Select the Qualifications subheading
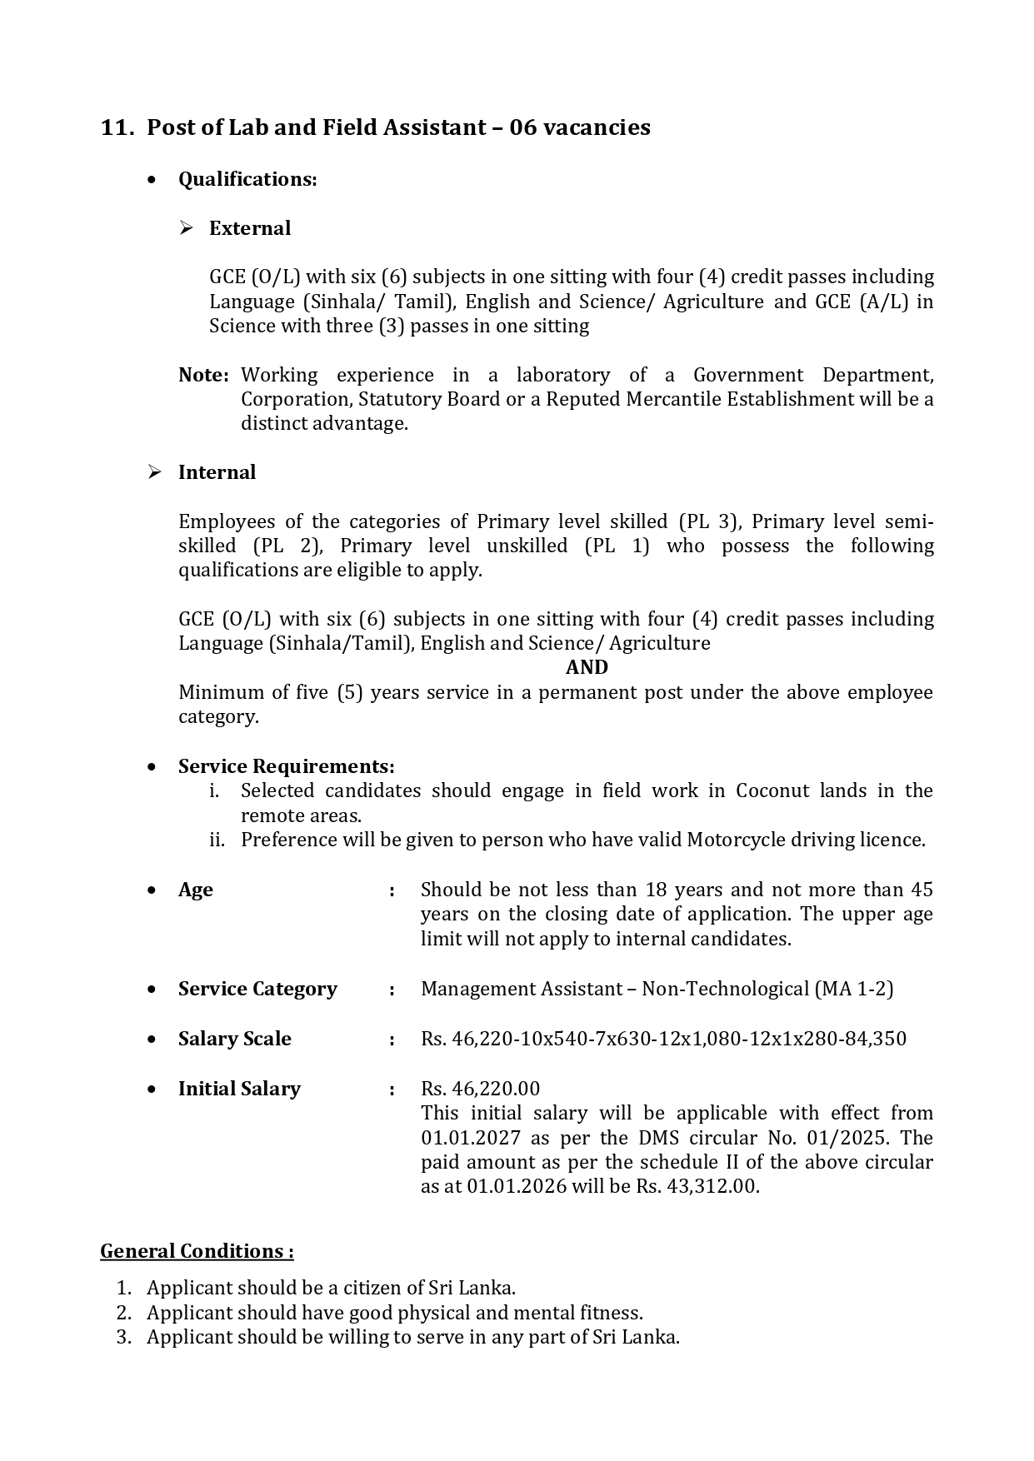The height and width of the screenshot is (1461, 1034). pos(247,179)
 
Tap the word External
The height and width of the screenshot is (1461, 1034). pos(250,228)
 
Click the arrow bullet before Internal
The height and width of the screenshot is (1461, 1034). pos(154,472)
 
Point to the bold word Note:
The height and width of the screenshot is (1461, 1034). pos(203,375)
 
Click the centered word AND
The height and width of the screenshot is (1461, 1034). pos(587,667)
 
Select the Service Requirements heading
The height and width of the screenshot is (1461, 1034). pos(286,766)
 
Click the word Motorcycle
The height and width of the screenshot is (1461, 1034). pos(730,840)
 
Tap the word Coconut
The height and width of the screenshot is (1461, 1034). pos(772,790)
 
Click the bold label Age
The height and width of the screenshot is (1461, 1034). pos(196,890)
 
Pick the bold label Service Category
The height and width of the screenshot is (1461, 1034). pos(257,989)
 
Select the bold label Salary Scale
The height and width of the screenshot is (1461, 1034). pos(235,1039)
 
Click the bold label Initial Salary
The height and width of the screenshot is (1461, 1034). pos(239,1089)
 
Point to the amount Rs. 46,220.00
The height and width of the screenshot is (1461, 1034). pos(480,1089)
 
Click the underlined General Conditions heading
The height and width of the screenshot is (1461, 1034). pos(197,1251)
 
